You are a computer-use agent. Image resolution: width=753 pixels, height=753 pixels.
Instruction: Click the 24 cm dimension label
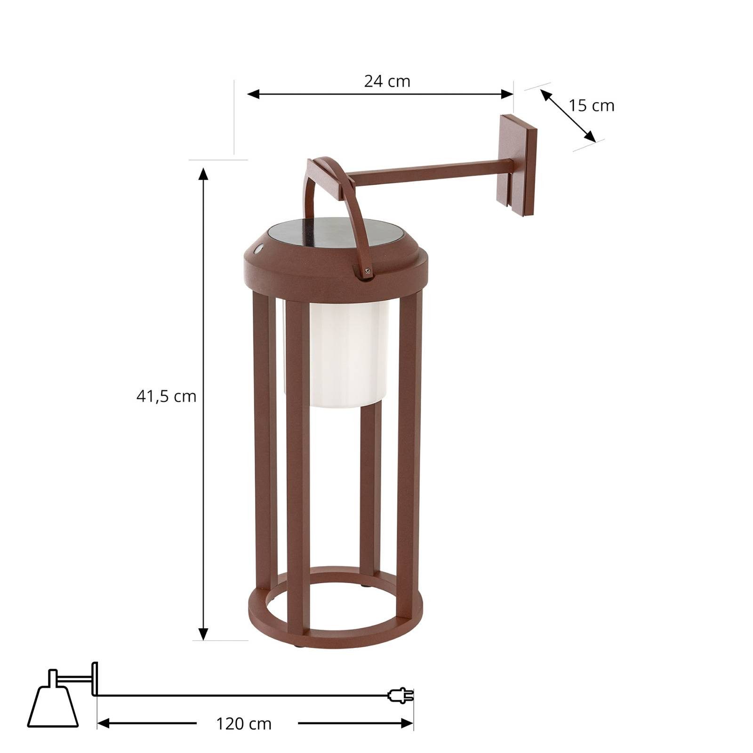point(387,81)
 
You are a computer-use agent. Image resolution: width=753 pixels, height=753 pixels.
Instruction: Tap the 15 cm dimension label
point(591,106)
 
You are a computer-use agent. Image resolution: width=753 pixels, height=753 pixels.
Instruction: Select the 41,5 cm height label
point(166,396)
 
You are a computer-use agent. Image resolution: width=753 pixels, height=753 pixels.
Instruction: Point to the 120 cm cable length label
point(244,723)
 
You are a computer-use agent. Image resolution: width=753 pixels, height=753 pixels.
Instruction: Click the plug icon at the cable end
point(401,695)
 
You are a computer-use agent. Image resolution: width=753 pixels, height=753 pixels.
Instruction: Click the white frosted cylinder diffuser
point(348,353)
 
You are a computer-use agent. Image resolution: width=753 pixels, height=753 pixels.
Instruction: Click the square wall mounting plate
point(519,165)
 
